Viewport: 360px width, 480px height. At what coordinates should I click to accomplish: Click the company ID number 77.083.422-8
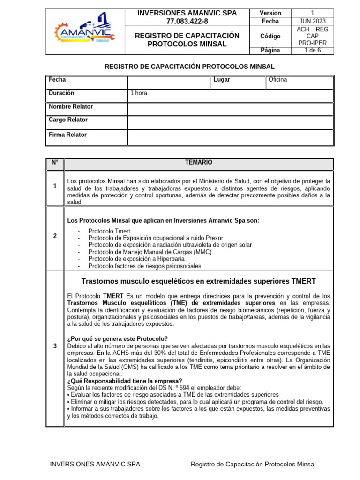(x=187, y=22)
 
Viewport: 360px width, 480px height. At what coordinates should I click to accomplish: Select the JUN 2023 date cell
(x=312, y=22)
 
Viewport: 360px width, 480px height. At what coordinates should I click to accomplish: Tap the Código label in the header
(x=270, y=36)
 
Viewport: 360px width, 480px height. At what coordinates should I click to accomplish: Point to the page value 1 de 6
(x=312, y=51)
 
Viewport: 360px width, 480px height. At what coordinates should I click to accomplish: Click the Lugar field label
(x=222, y=80)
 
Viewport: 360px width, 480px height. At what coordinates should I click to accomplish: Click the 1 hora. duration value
(x=140, y=93)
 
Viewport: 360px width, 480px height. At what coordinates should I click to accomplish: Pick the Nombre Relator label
(x=71, y=107)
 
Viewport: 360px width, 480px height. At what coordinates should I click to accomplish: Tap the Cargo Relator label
(x=68, y=120)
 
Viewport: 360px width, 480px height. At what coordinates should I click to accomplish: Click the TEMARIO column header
(x=198, y=163)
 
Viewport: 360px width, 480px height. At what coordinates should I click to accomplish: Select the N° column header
(x=55, y=163)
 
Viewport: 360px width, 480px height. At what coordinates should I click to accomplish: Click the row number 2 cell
(x=55, y=236)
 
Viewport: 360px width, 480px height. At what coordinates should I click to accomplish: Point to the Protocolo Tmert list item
(x=109, y=232)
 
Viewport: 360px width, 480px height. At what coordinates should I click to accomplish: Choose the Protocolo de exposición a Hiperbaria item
(x=136, y=259)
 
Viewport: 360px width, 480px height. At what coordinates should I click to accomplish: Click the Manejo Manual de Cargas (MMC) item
(x=150, y=252)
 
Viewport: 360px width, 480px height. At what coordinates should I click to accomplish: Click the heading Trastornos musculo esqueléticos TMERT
(x=198, y=281)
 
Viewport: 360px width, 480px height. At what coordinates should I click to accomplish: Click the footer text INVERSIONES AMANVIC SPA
(x=95, y=465)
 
